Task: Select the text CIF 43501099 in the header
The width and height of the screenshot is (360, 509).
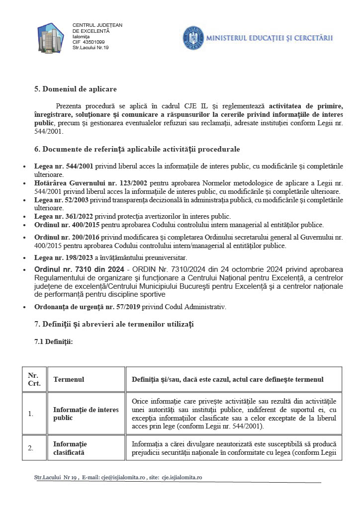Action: click(x=89, y=42)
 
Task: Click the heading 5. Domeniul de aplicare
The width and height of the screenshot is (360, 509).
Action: click(x=75, y=89)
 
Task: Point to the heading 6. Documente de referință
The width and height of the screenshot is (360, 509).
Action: click(x=137, y=149)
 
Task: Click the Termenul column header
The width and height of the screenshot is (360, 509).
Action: click(x=69, y=379)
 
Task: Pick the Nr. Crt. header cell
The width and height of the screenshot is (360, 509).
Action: click(x=34, y=379)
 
